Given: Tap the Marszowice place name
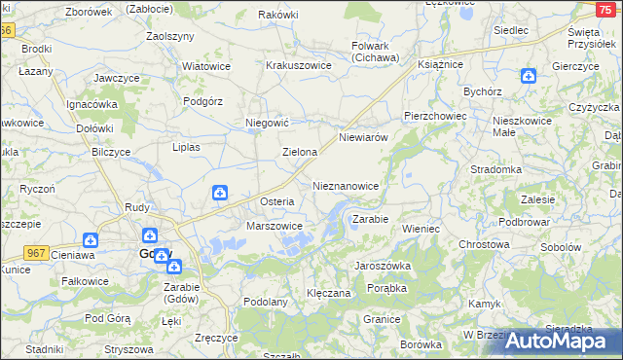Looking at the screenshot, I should click(275, 226).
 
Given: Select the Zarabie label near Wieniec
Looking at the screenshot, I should click(370, 220).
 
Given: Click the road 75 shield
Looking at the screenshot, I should click(604, 8).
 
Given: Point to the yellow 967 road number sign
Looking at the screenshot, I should click(37, 252).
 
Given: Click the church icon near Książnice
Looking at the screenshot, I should click(528, 76).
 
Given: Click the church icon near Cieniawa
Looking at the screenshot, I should click(91, 239).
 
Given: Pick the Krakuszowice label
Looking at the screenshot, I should click(299, 66).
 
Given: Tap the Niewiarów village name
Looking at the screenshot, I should click(363, 138).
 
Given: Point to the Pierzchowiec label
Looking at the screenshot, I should click(435, 115).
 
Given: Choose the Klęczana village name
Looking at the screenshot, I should click(328, 292).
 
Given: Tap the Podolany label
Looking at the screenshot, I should click(265, 303).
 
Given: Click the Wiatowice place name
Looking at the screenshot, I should click(205, 66).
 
